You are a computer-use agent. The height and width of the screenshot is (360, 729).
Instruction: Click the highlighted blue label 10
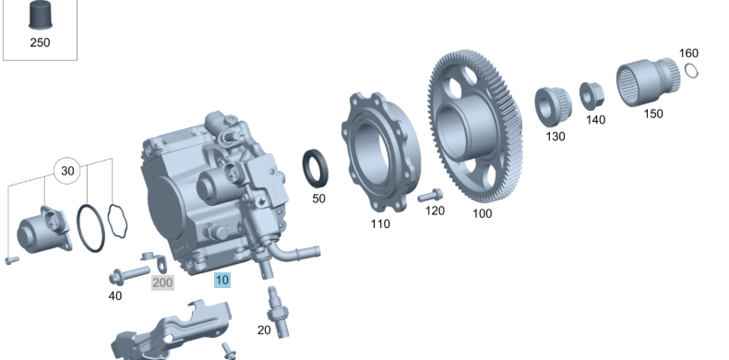point(222,280)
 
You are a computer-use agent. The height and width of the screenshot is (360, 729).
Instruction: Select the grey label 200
point(162,282)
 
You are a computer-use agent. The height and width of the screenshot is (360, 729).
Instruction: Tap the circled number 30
point(67,171)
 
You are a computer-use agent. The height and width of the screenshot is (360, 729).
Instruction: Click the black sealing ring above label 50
point(316,168)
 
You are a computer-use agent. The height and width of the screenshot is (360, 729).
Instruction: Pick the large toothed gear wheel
point(476,126)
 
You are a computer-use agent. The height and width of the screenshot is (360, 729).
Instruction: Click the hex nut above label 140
point(592,96)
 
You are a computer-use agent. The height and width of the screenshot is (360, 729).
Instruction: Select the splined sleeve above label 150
point(648,82)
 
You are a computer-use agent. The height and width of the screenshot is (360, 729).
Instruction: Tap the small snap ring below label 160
point(691,71)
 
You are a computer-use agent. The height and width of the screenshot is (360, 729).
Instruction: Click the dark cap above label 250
point(41,16)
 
